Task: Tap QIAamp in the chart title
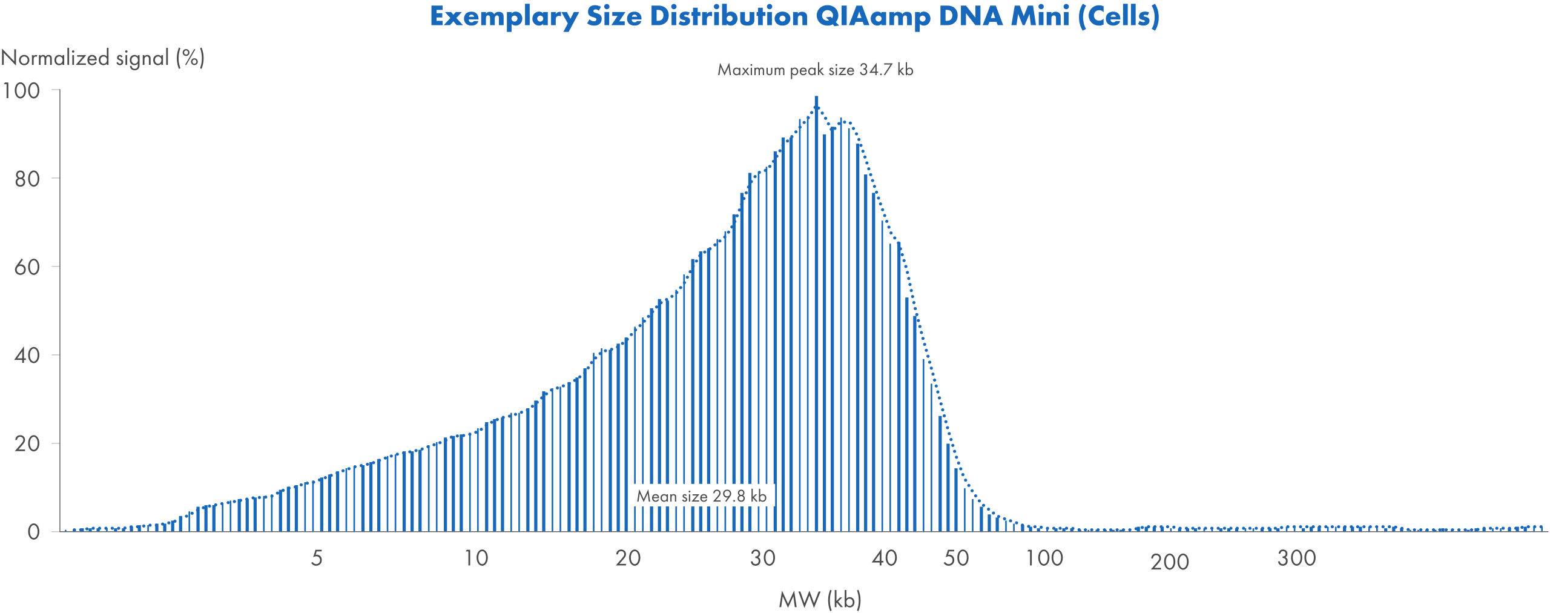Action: pyautogui.click(x=872, y=16)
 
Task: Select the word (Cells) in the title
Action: pyautogui.click(x=1118, y=16)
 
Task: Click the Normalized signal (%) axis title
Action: pyautogui.click(x=103, y=58)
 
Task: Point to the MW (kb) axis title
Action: pyautogui.click(x=820, y=600)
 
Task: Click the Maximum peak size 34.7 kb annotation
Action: pyautogui.click(x=815, y=70)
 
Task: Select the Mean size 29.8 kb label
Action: pyautogui.click(x=701, y=496)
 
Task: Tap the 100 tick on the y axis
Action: pyautogui.click(x=21, y=91)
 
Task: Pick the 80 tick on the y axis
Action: pyautogui.click(x=27, y=179)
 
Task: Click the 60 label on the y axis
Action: pyautogui.click(x=27, y=267)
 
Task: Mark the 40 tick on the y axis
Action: pyautogui.click(x=27, y=356)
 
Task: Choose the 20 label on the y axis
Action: pyautogui.click(x=27, y=444)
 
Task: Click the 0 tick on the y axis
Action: pyautogui.click(x=34, y=532)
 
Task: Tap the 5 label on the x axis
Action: pyautogui.click(x=317, y=558)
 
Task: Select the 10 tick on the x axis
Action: pyautogui.click(x=476, y=558)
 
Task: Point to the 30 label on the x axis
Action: pyautogui.click(x=762, y=558)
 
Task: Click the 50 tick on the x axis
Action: pyautogui.click(x=956, y=558)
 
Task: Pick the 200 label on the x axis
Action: pyautogui.click(x=1169, y=562)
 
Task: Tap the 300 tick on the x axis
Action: pyautogui.click(x=1296, y=558)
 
